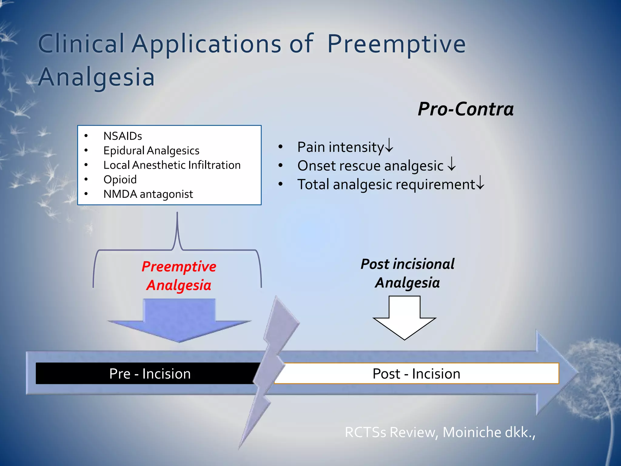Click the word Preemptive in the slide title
tap(396, 44)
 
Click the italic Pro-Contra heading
tap(465, 109)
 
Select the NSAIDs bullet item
tap(123, 136)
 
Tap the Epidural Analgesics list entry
tap(151, 150)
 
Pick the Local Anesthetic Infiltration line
tap(172, 165)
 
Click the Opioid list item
tap(120, 179)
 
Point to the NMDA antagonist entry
tap(148, 194)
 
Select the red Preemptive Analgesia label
tap(179, 275)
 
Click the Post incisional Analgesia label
tap(407, 273)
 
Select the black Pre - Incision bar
tap(146, 373)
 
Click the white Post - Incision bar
tap(416, 373)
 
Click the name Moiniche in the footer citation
tap(472, 432)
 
